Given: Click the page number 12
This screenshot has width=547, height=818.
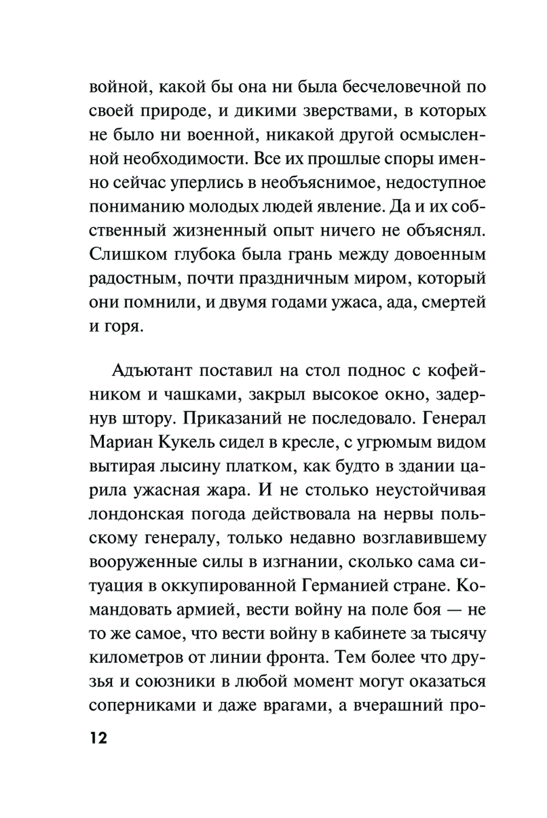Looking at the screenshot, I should (x=98, y=738).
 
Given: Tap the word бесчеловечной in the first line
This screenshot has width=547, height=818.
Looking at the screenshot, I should (x=394, y=87).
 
